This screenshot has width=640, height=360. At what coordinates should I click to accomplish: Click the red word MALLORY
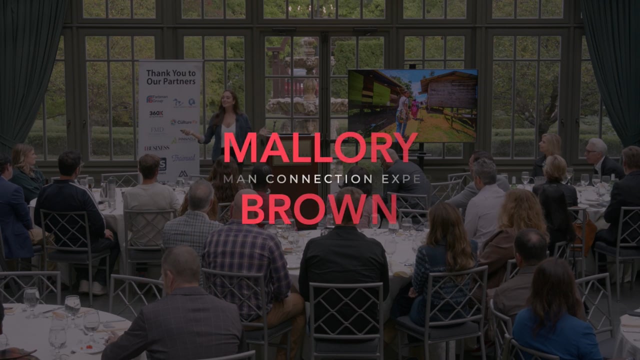[x=320, y=147]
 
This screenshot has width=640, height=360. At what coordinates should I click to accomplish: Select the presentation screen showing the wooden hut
[x=412, y=105]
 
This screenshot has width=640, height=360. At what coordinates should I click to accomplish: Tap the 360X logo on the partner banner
[x=156, y=114]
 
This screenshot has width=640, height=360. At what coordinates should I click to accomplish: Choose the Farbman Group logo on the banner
[x=156, y=98]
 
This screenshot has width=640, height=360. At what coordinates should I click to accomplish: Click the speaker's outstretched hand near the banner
[x=186, y=132]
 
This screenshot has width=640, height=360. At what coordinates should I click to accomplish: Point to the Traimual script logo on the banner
[x=183, y=158]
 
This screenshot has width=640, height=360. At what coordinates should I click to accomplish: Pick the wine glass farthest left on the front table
[x=31, y=299]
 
